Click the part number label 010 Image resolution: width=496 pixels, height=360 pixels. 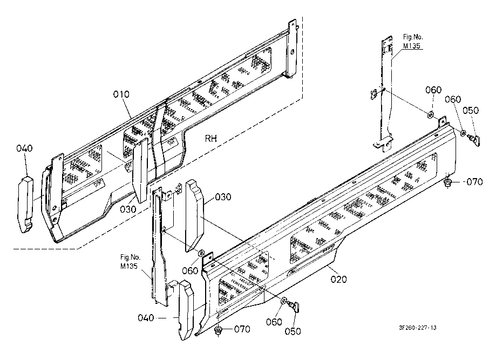121,94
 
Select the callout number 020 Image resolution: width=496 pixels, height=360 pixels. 339,279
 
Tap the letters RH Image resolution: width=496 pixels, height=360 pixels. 211,139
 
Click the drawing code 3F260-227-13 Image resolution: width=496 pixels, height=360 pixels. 418,328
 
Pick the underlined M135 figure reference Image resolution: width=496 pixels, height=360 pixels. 412,46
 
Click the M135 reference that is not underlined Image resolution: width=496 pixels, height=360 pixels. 129,266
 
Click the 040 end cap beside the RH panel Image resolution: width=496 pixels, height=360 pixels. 25,205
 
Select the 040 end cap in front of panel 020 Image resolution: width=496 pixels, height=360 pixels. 187,310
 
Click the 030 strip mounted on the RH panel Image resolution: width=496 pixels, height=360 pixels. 140,170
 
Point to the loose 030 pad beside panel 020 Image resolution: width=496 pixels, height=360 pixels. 195,215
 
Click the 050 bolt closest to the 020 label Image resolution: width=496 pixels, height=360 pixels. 295,306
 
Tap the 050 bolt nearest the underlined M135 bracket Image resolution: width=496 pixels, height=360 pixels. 474,139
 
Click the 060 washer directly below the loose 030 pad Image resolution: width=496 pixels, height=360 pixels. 201,253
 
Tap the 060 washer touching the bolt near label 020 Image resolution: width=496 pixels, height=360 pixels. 284,300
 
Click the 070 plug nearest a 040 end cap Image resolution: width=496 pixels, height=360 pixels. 218,331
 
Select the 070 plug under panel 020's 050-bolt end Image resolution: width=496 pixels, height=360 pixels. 447,182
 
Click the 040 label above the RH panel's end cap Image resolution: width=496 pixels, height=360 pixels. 24,148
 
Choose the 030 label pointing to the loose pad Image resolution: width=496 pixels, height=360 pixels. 223,197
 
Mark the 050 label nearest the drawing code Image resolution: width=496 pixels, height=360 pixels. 293,331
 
